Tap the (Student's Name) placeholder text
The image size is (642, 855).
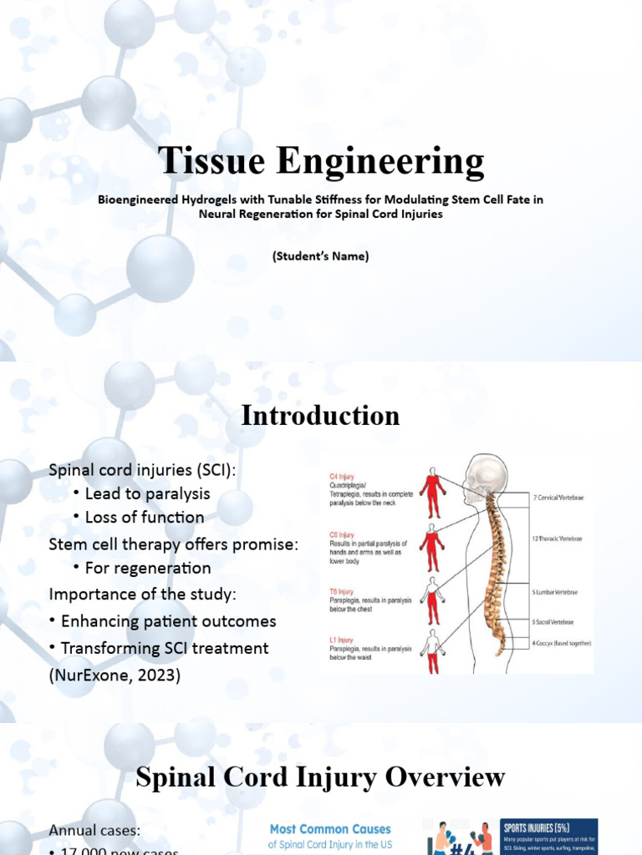[x=320, y=256]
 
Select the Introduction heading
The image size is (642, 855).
[x=320, y=416]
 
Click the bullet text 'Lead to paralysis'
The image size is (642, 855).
[x=147, y=493]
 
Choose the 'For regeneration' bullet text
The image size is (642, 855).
[x=147, y=568]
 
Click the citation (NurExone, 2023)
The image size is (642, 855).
[x=115, y=674]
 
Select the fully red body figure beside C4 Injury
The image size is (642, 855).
[x=432, y=493]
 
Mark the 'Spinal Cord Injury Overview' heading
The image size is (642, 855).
[x=320, y=777]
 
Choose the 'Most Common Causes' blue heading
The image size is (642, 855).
[x=329, y=829]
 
